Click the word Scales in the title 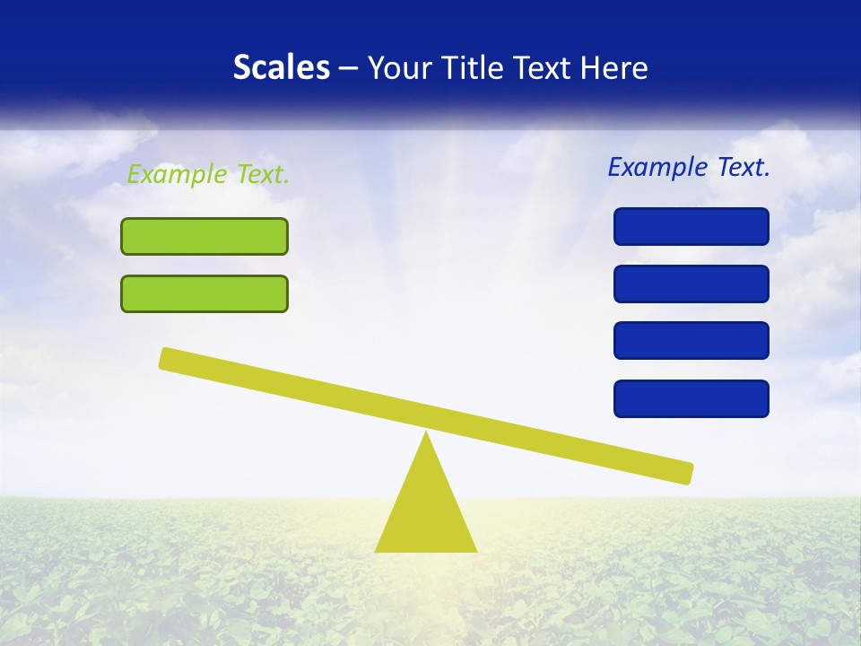point(282,67)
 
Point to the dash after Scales point(349,68)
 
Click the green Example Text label point(208,174)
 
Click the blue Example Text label point(689,167)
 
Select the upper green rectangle point(204,236)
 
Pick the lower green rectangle point(204,293)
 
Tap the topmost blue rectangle point(691,226)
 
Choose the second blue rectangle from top point(691,284)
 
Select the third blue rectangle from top point(691,340)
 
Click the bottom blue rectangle point(691,398)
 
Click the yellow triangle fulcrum point(426,511)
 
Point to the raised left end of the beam point(170,359)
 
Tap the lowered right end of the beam point(683,472)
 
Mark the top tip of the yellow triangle point(426,435)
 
